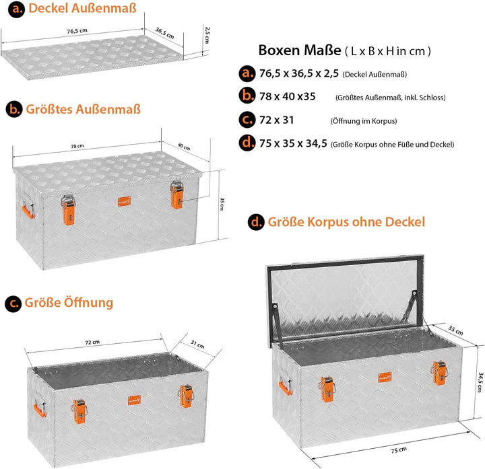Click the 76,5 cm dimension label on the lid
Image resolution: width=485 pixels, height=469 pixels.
click(x=77, y=31)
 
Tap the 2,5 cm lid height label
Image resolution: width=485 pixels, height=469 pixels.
click(x=207, y=35)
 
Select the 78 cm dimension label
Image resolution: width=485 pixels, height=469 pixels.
click(x=77, y=146)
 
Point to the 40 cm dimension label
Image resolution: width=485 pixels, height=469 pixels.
click(x=184, y=147)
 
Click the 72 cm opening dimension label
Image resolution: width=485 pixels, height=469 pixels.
click(x=92, y=342)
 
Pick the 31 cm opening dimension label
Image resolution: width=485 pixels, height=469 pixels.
click(x=197, y=344)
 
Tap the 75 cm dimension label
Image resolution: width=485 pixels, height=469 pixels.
click(x=399, y=450)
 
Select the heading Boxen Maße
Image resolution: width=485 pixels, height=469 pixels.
click(x=299, y=50)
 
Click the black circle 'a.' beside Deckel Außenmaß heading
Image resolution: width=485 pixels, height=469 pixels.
click(x=16, y=9)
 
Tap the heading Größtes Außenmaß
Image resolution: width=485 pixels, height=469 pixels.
click(x=84, y=109)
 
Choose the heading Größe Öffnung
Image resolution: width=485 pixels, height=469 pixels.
click(x=69, y=302)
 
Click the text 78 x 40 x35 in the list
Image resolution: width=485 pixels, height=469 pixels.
click(x=288, y=96)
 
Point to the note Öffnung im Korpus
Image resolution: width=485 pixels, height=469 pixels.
click(x=364, y=121)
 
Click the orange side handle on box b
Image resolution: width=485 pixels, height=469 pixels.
click(x=28, y=211)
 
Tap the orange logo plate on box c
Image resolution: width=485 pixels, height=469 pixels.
click(x=134, y=400)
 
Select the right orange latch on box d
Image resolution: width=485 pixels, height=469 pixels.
click(x=439, y=373)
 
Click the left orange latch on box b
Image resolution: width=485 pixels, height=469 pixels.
click(x=68, y=210)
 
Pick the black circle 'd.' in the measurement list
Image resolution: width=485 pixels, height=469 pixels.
click(x=247, y=143)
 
